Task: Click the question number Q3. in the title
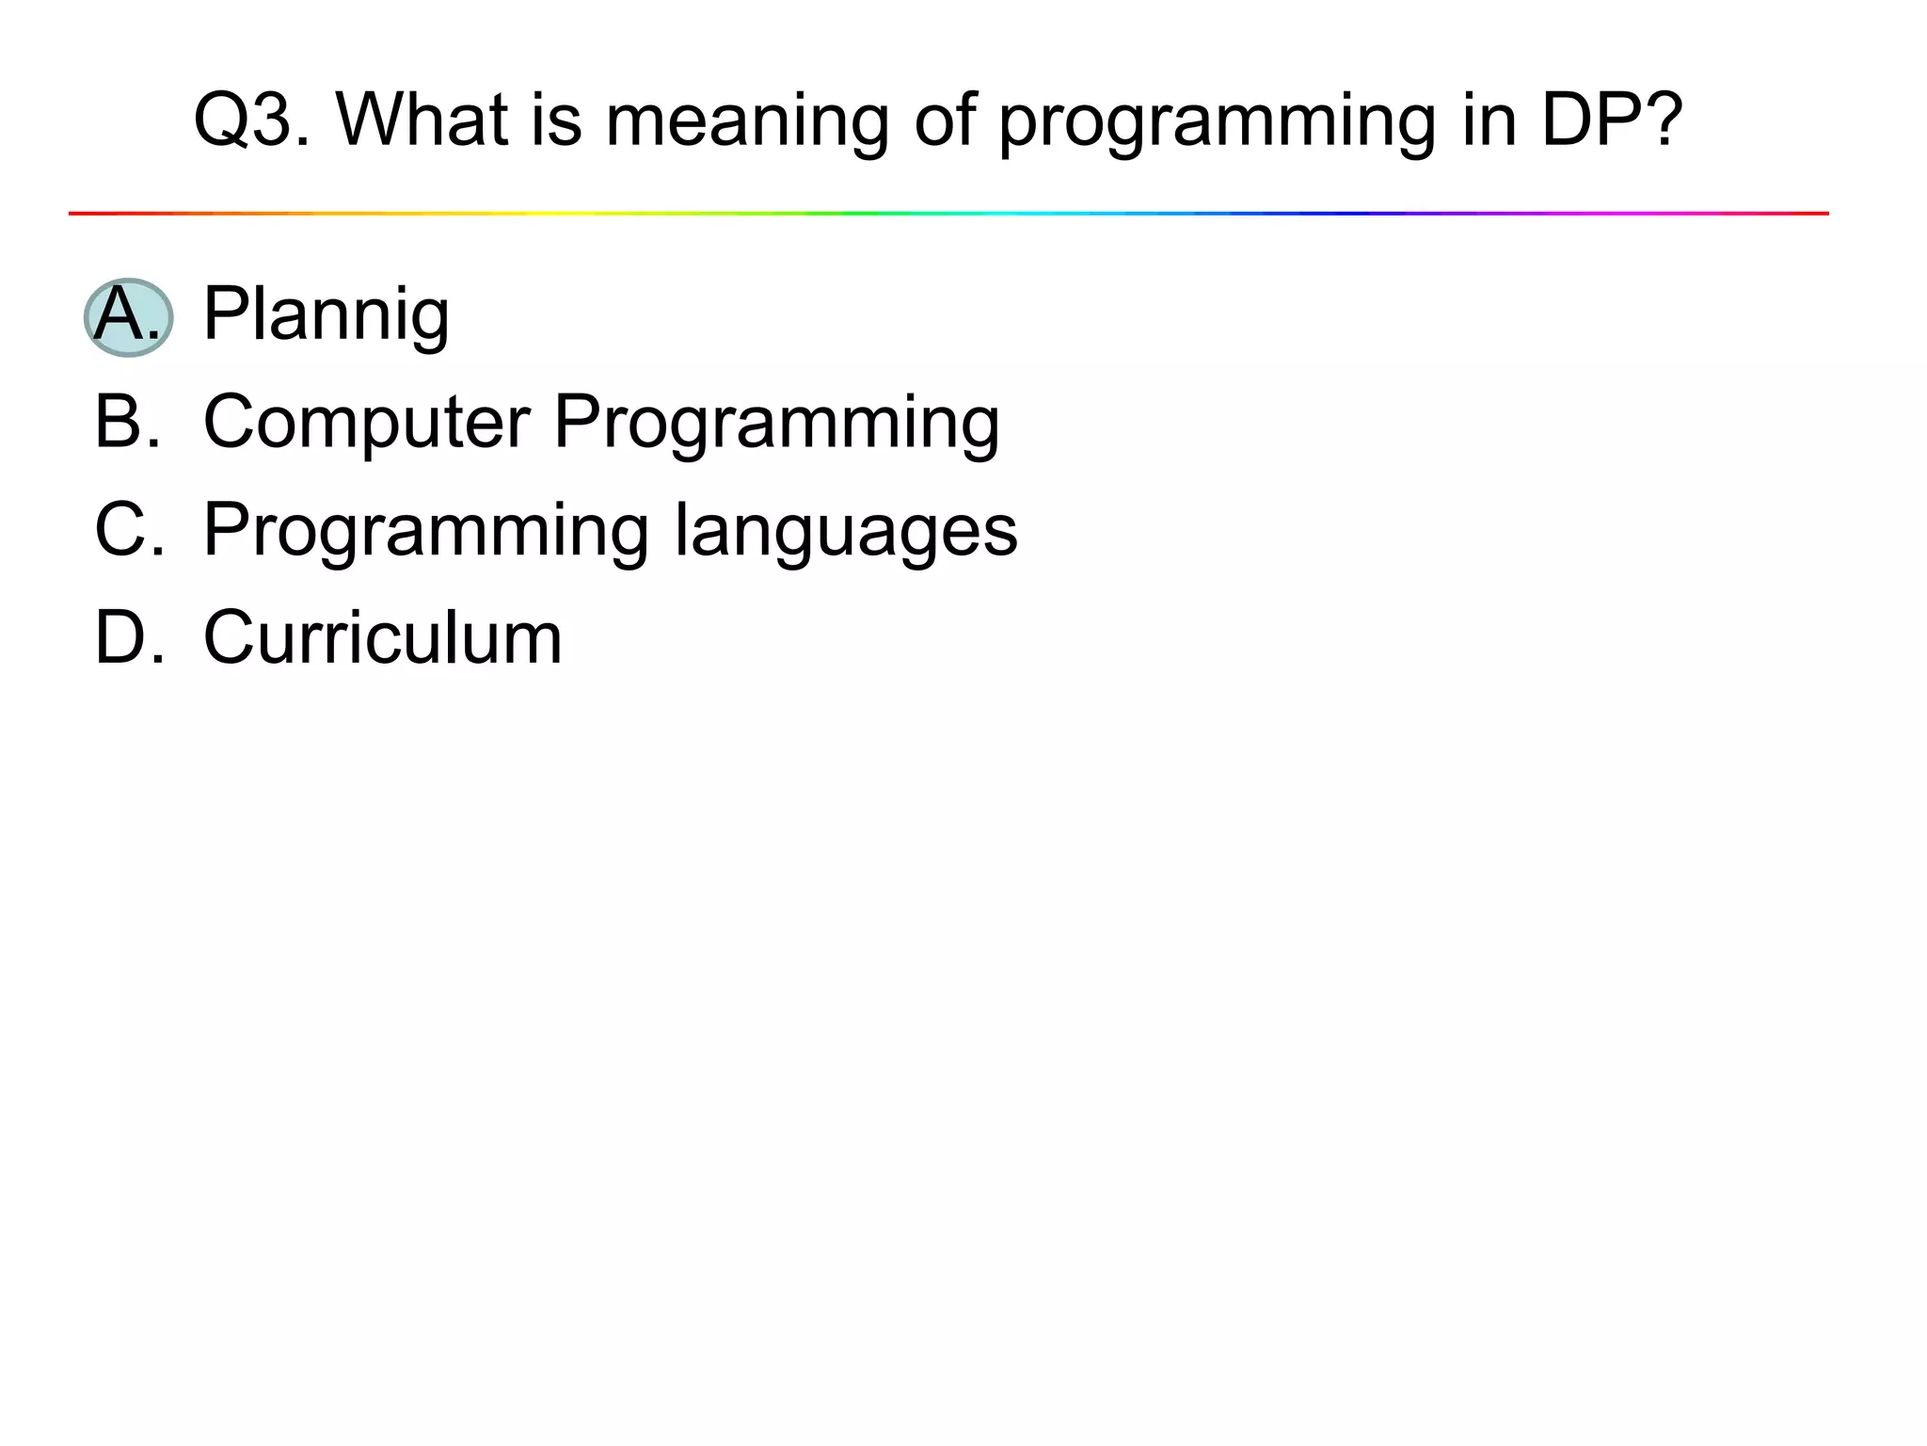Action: [x=251, y=120]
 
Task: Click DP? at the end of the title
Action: [x=1611, y=120]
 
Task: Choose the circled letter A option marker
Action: [x=128, y=316]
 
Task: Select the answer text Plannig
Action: [x=326, y=316]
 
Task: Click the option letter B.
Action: [x=128, y=421]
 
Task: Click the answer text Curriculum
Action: [x=383, y=638]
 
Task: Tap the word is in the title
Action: [x=556, y=120]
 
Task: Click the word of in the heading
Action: [x=945, y=120]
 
